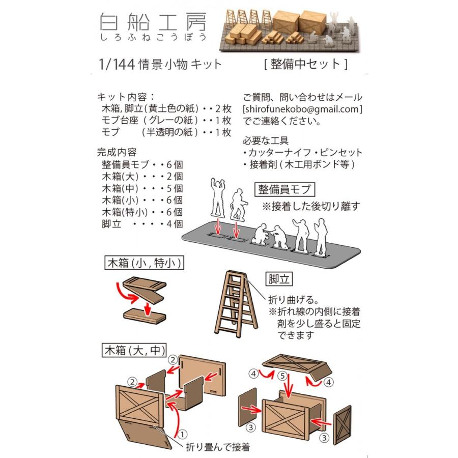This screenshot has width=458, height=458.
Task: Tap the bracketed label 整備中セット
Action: [x=306, y=64]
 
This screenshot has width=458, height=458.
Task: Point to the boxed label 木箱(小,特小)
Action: [x=145, y=263]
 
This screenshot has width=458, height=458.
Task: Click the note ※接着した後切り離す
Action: [x=311, y=206]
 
